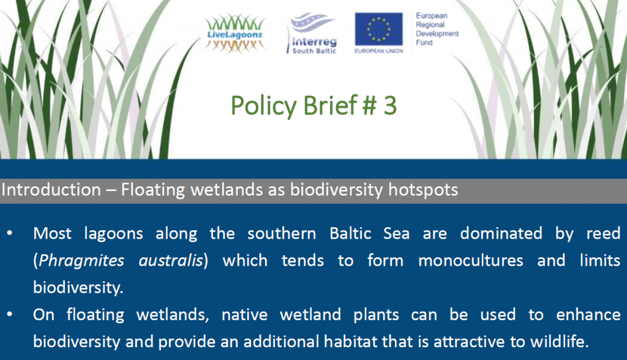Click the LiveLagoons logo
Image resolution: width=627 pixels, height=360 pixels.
tap(235, 34)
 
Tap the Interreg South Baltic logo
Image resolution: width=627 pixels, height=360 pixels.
tap(312, 34)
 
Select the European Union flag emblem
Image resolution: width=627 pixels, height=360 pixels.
tap(378, 29)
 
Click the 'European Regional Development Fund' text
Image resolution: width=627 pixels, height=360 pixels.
tap(437, 29)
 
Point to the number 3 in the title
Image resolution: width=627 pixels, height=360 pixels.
tap(390, 105)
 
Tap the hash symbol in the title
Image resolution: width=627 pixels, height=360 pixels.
tap(369, 106)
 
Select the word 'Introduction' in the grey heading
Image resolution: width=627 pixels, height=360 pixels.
tap(51, 190)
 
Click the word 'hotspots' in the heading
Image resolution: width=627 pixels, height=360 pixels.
tap(423, 190)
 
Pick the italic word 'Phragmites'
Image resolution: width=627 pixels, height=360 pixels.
tap(81, 260)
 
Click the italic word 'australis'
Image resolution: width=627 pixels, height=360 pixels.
tap(171, 260)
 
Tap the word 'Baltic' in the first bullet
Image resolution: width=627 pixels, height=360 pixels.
tap(350, 233)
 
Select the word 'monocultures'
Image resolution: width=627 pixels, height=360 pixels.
tap(471, 260)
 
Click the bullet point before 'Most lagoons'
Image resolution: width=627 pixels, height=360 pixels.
tap(10, 233)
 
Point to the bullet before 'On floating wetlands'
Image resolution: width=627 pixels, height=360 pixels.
tap(10, 315)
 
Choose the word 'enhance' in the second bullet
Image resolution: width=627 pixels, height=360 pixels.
tap(588, 315)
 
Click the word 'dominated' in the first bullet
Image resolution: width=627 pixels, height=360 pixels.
tap(501, 233)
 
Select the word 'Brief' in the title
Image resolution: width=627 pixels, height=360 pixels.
tap(330, 105)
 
